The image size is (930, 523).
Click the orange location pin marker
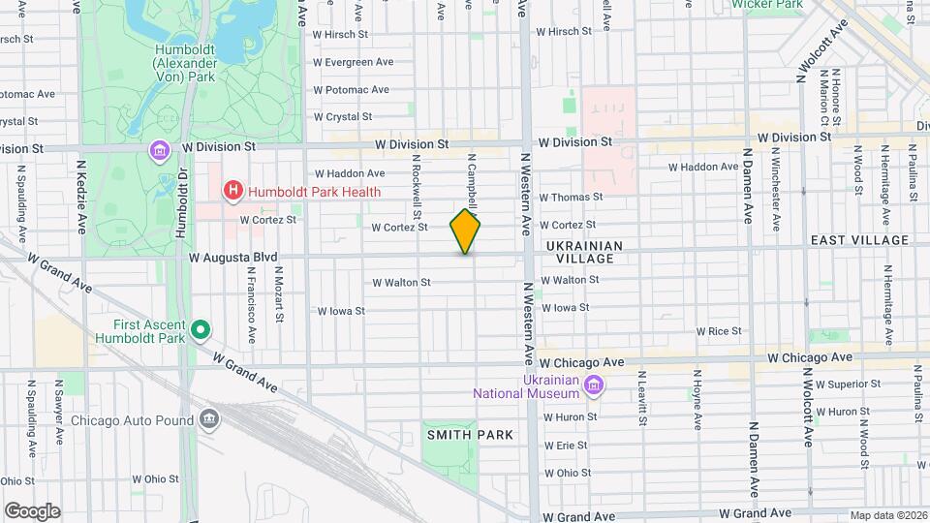pyautogui.click(x=465, y=231)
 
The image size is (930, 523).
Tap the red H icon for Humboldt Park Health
pyautogui.click(x=232, y=191)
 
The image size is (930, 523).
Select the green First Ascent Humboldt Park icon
pyautogui.click(x=201, y=331)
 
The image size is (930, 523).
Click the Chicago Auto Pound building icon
pyautogui.click(x=208, y=419)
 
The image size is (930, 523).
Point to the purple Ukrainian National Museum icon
pyautogui.click(x=595, y=388)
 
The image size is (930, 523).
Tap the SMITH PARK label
pyautogui.click(x=471, y=436)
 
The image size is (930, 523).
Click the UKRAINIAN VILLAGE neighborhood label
pyautogui.click(x=580, y=253)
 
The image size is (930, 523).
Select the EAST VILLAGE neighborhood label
pyautogui.click(x=859, y=240)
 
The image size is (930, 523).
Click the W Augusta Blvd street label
pyautogui.click(x=233, y=258)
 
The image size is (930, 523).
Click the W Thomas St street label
pyautogui.click(x=572, y=197)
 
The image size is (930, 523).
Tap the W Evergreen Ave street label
pyautogui.click(x=353, y=62)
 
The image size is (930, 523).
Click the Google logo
pyautogui.click(x=32, y=510)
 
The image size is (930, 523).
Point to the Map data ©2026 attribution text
pyautogui.click(x=888, y=515)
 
